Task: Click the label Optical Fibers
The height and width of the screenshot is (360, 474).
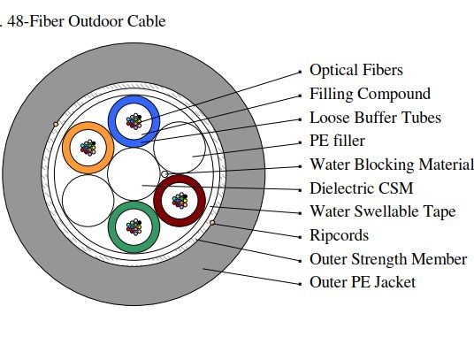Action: point(356,70)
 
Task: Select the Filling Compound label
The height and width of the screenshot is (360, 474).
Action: point(370,94)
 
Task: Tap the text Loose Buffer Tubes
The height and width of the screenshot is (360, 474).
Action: point(375,118)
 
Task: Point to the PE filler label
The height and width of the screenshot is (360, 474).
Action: point(337,142)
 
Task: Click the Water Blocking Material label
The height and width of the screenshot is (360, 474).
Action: point(392,165)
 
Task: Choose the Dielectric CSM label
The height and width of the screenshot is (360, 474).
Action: point(361,188)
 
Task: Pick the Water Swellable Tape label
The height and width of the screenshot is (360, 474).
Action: point(383,211)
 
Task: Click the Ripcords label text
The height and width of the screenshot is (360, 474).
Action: point(340,235)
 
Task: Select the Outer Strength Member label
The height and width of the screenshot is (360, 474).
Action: point(388,259)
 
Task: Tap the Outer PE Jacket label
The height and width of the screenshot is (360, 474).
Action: point(363,283)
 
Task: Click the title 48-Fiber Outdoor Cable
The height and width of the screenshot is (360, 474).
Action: point(87,21)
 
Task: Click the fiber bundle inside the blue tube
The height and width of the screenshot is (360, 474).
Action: point(134,121)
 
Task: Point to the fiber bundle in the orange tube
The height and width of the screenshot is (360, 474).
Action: point(88,148)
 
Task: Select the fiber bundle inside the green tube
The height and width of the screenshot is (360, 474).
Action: point(134,227)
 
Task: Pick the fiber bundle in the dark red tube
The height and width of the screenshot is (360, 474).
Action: point(180,201)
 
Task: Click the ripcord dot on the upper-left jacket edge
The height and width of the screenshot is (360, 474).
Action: point(56,124)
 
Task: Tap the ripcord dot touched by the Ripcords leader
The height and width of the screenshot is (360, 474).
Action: point(212,223)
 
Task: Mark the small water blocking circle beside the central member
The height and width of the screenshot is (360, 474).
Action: point(164,174)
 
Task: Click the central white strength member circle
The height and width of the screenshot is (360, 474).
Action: point(134,174)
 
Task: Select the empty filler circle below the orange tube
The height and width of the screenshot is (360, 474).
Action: point(88,201)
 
